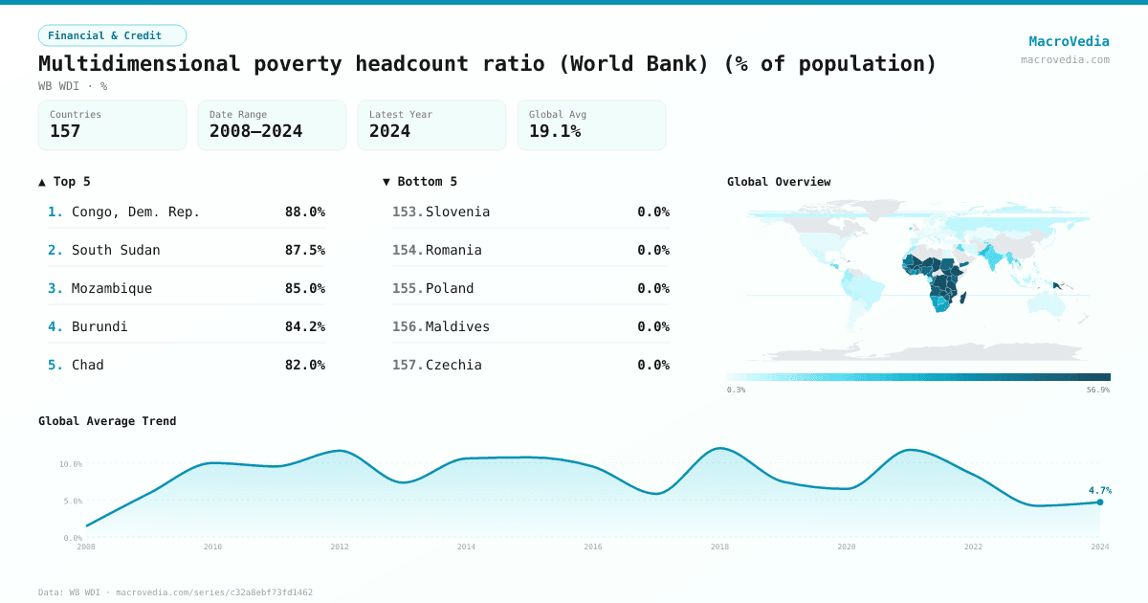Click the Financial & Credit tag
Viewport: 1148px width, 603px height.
[x=112, y=35]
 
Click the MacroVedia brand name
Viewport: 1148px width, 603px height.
[x=1069, y=41]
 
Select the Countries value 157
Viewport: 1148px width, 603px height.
[x=65, y=131]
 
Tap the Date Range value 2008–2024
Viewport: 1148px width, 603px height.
[x=255, y=131]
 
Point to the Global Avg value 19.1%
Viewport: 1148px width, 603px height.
[x=555, y=131]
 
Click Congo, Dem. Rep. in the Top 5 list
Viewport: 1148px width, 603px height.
[x=136, y=212]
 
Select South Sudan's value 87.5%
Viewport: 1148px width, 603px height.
[x=304, y=250]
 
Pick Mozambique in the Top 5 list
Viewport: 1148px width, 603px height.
[x=112, y=288]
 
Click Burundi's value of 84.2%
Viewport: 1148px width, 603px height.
[x=304, y=326]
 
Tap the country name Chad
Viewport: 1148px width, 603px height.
[x=88, y=365]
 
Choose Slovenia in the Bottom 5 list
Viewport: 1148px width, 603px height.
[x=457, y=212]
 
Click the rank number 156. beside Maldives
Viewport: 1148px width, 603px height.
[x=408, y=326]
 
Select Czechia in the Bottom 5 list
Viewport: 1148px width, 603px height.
[x=453, y=365]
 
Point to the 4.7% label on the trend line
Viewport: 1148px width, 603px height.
[x=1098, y=490]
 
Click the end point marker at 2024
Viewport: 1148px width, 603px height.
[x=1099, y=502]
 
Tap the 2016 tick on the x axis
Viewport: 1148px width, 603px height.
[x=592, y=547]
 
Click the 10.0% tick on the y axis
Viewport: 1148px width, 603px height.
[x=71, y=464]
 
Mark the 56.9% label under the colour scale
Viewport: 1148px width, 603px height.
[x=1098, y=390]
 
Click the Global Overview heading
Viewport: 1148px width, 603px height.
[x=778, y=182]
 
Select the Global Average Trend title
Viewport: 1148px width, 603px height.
[x=107, y=421]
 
